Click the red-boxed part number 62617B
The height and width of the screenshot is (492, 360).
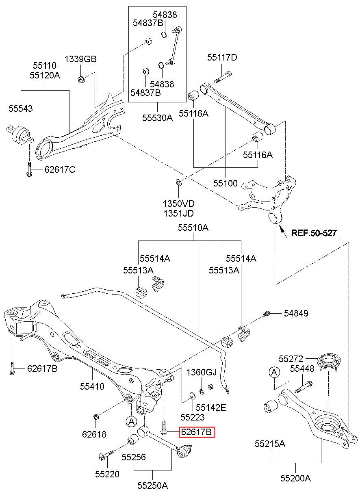tap(197, 432)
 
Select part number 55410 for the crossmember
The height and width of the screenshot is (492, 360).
tap(91, 387)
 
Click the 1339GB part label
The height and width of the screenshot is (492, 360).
tap(80, 59)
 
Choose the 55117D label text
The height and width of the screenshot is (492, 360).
tap(222, 57)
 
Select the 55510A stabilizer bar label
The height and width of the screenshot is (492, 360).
tap(193, 228)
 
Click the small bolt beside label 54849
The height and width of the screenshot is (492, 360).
tap(267, 313)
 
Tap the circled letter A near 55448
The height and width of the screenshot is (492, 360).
tap(274, 372)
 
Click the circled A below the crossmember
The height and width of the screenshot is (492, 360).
tap(131, 422)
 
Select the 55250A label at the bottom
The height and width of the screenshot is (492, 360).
tap(152, 485)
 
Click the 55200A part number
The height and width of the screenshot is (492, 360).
tap(295, 478)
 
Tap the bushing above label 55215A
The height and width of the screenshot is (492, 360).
tap(271, 406)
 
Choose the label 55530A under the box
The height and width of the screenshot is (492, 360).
tap(157, 118)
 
